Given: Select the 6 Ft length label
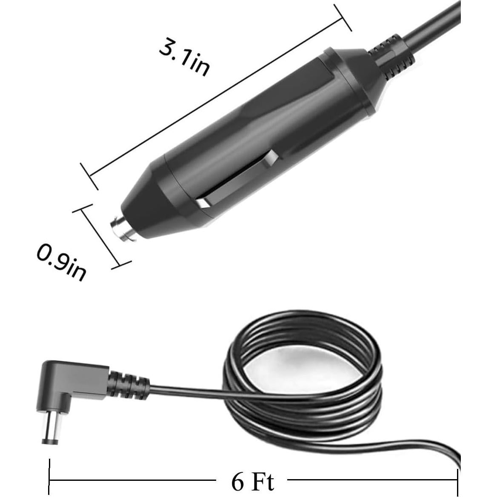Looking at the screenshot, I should click(252, 481).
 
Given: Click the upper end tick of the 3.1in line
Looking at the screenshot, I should click(343, 17).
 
